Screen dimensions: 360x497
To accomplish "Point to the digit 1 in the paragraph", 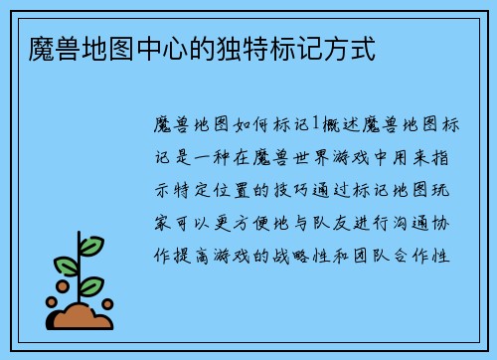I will tap(316, 124).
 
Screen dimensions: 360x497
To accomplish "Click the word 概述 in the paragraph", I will tap(339, 124).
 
